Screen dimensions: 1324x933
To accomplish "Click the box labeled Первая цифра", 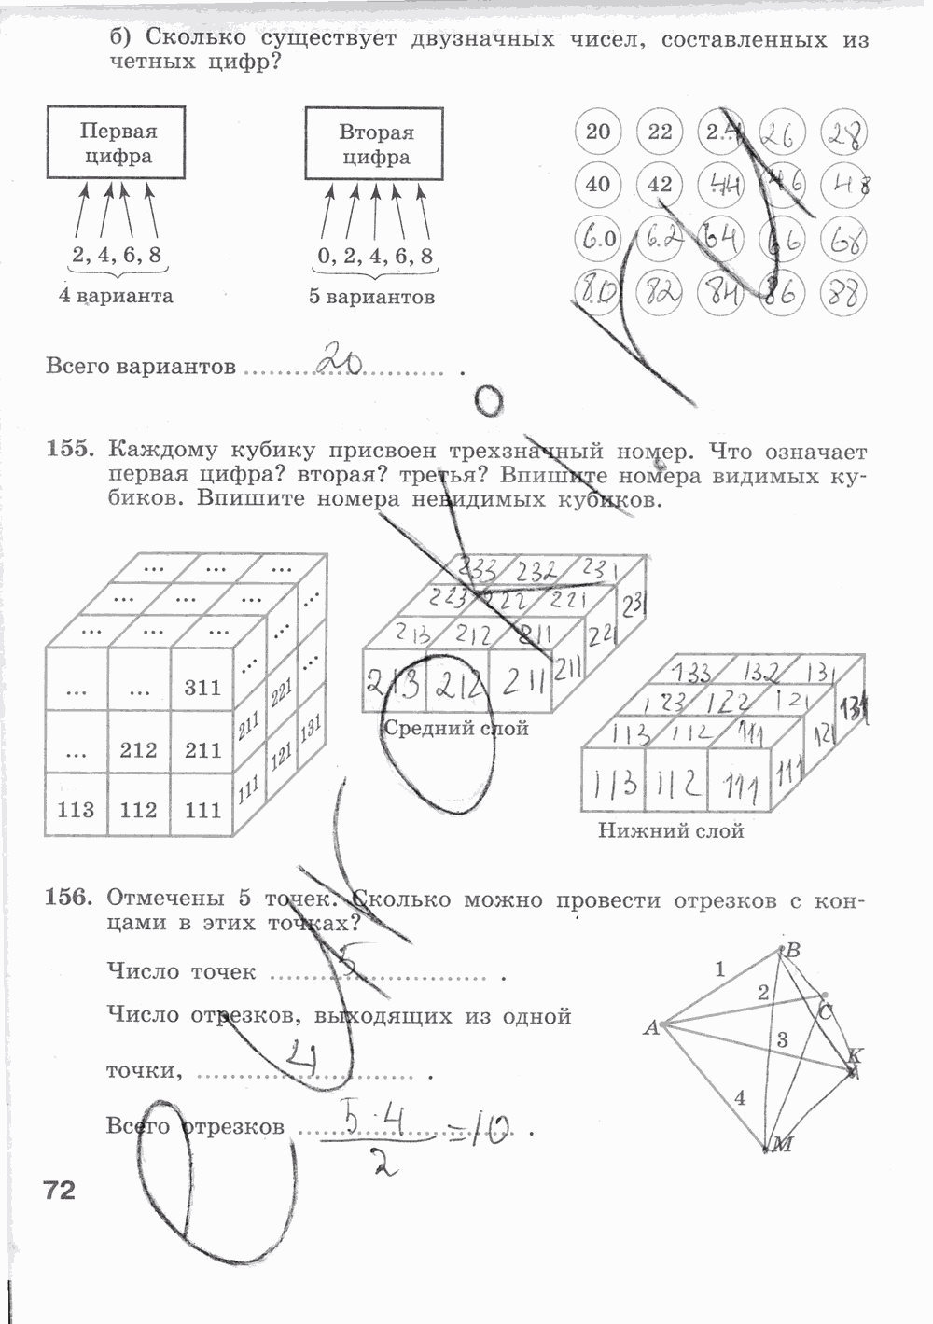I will pyautogui.click(x=117, y=143).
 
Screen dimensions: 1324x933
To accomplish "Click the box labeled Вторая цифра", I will pyautogui.click(x=375, y=144).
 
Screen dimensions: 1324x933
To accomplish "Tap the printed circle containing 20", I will pyautogui.click(x=598, y=132).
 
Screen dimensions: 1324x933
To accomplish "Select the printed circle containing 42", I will pyautogui.click(x=660, y=184).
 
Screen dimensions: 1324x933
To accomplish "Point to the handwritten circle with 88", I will pyautogui.click(x=842, y=295).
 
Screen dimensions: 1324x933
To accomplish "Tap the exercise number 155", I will pyautogui.click(x=71, y=451).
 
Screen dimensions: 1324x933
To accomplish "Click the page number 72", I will pyautogui.click(x=59, y=1190).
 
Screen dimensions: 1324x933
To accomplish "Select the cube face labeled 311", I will pyautogui.click(x=202, y=688).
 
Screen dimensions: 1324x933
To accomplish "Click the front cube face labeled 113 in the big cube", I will pyautogui.click(x=76, y=809).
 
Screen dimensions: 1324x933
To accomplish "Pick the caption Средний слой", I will pyautogui.click(x=456, y=728).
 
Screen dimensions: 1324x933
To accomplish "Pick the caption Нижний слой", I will pyautogui.click(x=671, y=829).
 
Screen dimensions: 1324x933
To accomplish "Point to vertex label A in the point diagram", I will pyautogui.click(x=651, y=1029).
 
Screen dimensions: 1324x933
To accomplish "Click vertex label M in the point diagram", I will pyautogui.click(x=782, y=1145).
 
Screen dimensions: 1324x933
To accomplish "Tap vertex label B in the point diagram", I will pyautogui.click(x=793, y=951).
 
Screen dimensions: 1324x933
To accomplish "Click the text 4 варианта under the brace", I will pyautogui.click(x=116, y=296).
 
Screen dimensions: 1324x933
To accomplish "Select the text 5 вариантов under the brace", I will pyautogui.click(x=372, y=297).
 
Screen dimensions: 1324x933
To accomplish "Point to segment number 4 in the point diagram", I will pyautogui.click(x=740, y=1098).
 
